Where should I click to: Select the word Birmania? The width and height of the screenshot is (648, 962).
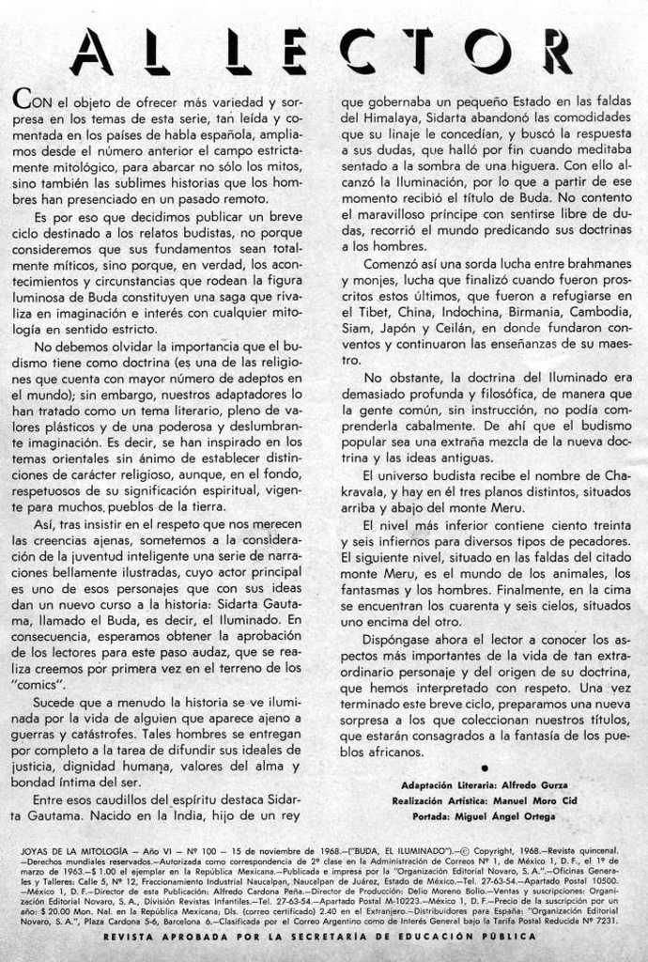516,311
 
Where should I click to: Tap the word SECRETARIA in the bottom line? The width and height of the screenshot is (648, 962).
366,938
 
